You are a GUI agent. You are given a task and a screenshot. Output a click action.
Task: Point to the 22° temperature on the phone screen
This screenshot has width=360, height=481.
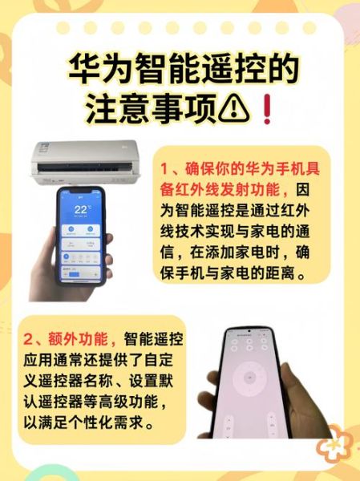pyautogui.click(x=80, y=211)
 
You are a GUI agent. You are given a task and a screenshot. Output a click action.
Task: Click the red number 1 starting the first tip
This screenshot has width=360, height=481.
pyautogui.click(x=164, y=170)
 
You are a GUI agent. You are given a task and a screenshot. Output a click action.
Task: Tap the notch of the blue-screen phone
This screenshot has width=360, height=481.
pyautogui.click(x=79, y=192)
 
